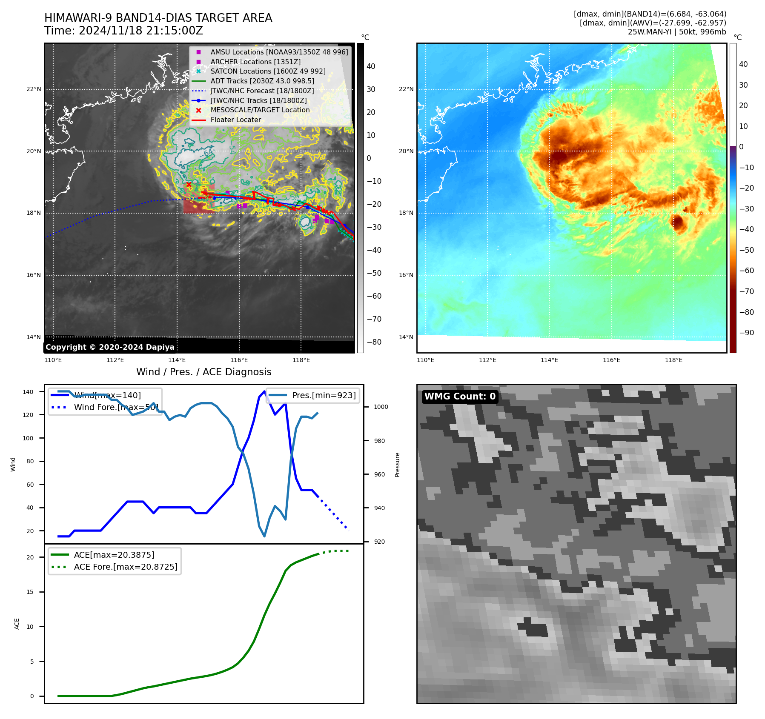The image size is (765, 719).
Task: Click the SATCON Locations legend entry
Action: coord(268,71)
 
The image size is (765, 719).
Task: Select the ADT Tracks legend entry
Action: coord(262,81)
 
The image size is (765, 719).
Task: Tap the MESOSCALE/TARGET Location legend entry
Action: coord(260,110)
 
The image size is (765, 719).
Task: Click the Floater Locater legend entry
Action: coord(235,120)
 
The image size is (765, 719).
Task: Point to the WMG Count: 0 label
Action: coord(460,397)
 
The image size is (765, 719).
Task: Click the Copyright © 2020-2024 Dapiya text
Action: coord(110,347)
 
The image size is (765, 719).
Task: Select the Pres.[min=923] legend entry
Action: coord(324,395)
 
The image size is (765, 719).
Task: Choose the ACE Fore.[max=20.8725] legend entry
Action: coord(126,567)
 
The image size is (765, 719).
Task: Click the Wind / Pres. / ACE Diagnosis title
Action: coord(203,372)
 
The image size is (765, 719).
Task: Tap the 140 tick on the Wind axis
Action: coord(28,392)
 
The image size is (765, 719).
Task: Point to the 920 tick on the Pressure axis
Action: coord(379,542)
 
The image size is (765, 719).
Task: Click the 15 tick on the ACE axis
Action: coord(30,592)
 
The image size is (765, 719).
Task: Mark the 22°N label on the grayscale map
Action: coord(34,89)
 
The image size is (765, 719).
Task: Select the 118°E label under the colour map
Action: coord(673,360)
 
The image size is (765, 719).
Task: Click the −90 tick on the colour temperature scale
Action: coord(746,333)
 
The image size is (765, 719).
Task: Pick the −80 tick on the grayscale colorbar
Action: coord(374,342)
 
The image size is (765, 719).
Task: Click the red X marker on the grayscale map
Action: coord(189,185)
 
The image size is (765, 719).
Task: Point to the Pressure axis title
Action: coord(397,465)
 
